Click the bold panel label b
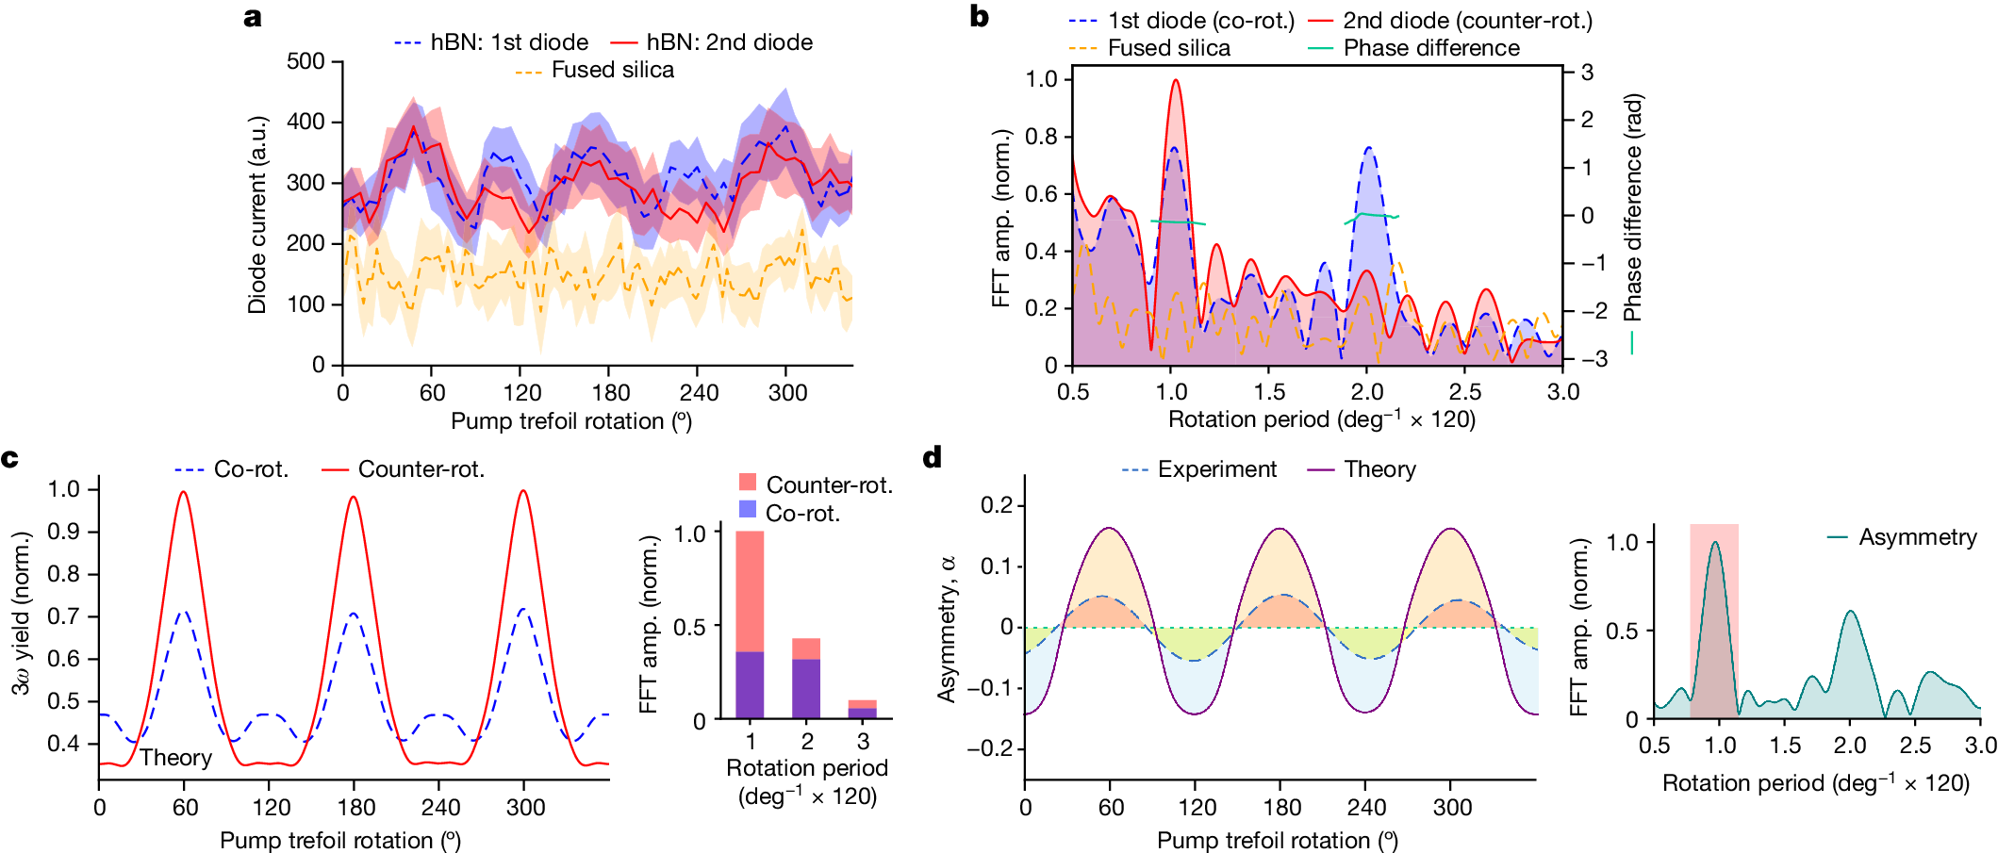pyautogui.click(x=979, y=17)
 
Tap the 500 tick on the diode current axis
pyautogui.click(x=305, y=61)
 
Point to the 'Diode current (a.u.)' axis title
pyautogui.click(x=257, y=215)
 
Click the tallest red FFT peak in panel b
pyautogui.click(x=1175, y=81)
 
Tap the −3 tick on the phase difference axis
pyautogui.click(x=1588, y=359)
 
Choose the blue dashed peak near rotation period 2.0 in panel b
pyautogui.click(x=1368, y=148)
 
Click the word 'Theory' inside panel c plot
pyautogui.click(x=175, y=758)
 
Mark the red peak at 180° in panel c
pyautogui.click(x=353, y=498)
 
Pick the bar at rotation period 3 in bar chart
pyautogui.click(x=863, y=709)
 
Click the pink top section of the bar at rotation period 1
pyautogui.click(x=750, y=590)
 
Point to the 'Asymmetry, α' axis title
pyautogui.click(x=947, y=628)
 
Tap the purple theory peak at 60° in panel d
pyautogui.click(x=1110, y=529)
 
